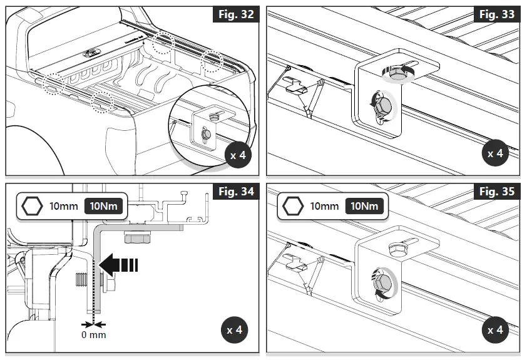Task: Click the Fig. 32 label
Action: (x=236, y=14)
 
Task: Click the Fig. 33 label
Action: (x=496, y=14)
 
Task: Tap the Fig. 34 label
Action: (x=236, y=192)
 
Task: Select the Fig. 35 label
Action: (x=496, y=192)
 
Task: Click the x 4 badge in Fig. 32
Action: (x=238, y=155)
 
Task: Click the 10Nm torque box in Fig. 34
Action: (x=103, y=206)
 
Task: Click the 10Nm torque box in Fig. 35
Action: (x=364, y=206)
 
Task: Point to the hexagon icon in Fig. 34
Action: (x=31, y=207)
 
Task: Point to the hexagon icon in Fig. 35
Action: (x=292, y=207)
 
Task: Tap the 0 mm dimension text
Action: (x=92, y=335)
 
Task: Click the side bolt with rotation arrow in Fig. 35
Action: (x=384, y=282)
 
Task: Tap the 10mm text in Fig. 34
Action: (x=63, y=207)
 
